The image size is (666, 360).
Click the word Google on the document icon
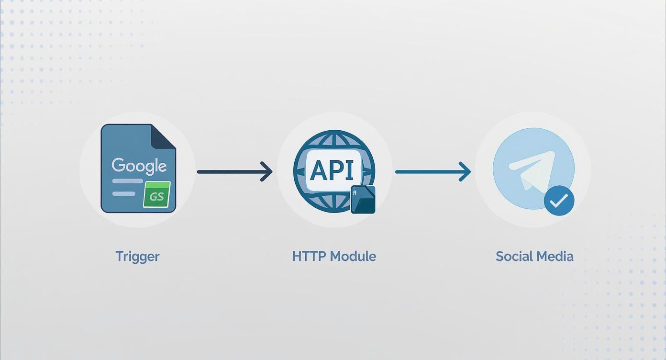click(x=139, y=166)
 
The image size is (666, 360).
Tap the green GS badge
click(x=157, y=195)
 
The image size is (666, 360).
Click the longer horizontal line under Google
click(x=127, y=181)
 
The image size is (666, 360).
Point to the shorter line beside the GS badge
click(x=123, y=193)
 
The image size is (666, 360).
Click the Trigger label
click(x=137, y=256)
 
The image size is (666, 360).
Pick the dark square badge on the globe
click(x=363, y=199)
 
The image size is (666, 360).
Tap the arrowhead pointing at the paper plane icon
click(x=465, y=171)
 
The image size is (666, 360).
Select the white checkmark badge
click(x=559, y=201)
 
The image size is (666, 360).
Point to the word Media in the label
click(x=555, y=256)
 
